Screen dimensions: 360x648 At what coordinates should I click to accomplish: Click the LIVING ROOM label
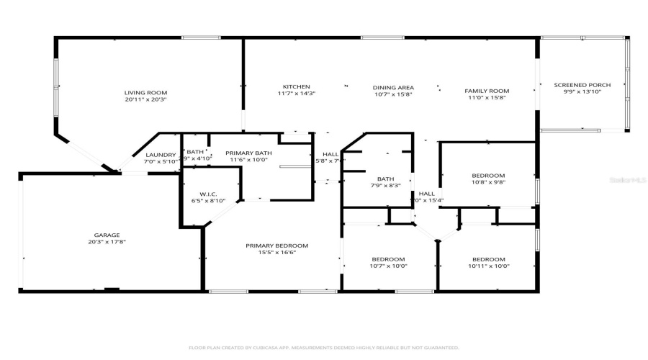pos(145,93)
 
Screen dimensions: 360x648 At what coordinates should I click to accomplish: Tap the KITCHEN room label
pos(296,86)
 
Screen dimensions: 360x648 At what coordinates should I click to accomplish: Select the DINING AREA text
pos(392,87)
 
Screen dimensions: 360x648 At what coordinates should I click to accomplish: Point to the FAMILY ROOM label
pos(487,91)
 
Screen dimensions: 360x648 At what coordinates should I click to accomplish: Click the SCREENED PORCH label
pos(582,85)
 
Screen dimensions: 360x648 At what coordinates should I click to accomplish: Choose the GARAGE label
pos(107,235)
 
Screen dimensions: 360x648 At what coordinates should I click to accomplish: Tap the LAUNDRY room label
pos(161,155)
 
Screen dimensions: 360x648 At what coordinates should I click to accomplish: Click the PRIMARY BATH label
pos(248,153)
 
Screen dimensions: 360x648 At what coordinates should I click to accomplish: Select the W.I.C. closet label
pos(208,194)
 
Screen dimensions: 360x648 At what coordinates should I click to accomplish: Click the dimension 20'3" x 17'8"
pos(107,242)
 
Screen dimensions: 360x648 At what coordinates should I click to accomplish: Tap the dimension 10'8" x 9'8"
pos(488,183)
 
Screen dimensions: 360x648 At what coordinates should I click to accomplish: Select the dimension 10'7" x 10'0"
pos(388,266)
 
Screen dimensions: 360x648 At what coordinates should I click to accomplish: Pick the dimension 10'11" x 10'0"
pos(488,266)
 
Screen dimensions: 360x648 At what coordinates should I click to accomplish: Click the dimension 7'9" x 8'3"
pos(384,186)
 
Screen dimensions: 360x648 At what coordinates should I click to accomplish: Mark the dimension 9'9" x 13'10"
pos(582,92)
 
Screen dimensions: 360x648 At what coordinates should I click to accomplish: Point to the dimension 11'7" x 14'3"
pos(296,94)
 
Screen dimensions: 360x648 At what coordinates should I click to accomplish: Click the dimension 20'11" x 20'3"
pos(145,100)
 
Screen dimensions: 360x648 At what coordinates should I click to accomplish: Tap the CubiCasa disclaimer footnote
pos(323,347)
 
